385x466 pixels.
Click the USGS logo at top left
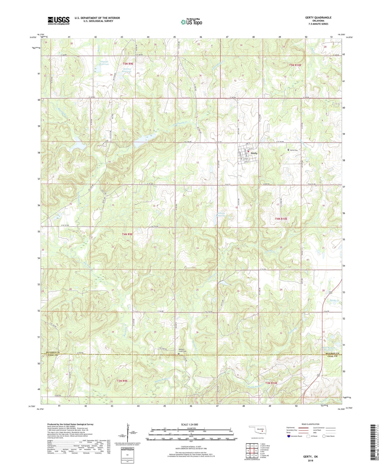tap(59, 21)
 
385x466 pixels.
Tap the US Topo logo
tap(191, 22)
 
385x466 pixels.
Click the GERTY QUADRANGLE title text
tap(318, 18)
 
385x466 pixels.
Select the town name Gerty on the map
tap(254, 153)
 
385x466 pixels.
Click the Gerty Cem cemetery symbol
tap(288, 150)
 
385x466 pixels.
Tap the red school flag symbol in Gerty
tap(248, 152)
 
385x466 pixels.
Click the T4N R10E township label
tap(281, 219)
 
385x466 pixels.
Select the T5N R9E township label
tap(128, 64)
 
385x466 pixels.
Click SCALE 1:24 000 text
tap(189, 425)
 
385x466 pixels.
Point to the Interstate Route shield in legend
tap(289, 436)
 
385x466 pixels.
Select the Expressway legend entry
tap(291, 428)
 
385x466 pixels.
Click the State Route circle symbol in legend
tap(324, 436)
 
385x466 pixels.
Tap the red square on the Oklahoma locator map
tap(262, 431)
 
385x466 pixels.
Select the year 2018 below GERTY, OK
tap(310, 460)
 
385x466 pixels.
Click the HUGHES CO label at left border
tap(53, 353)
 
